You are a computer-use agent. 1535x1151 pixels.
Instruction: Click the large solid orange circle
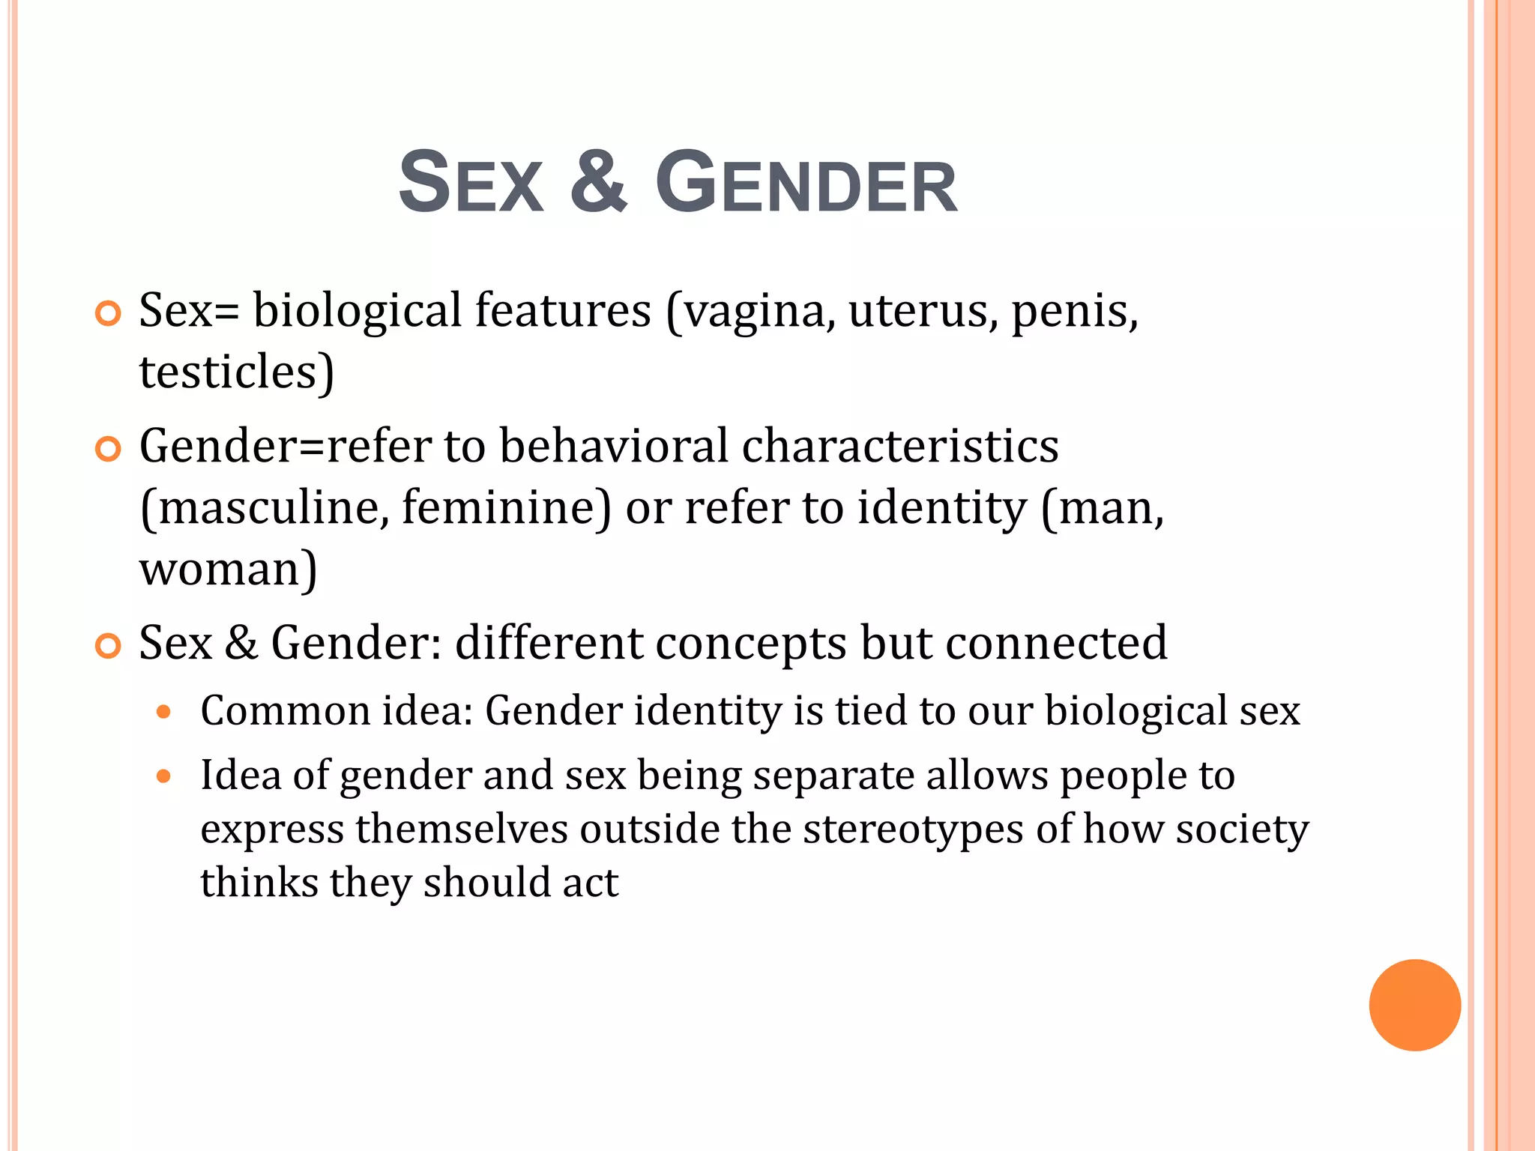(x=1414, y=1005)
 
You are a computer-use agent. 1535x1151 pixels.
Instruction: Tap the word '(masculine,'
(x=265, y=508)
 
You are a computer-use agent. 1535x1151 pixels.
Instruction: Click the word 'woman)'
(x=229, y=570)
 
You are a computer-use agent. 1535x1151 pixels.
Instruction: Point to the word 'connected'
(x=1056, y=642)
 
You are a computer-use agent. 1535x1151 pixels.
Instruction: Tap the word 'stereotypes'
(x=913, y=830)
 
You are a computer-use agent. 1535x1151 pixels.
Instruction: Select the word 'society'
(x=1242, y=830)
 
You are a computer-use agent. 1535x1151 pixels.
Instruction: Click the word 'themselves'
(x=462, y=829)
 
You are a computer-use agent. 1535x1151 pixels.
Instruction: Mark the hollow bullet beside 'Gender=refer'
(x=109, y=449)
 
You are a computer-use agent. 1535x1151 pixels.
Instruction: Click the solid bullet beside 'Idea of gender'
(x=164, y=776)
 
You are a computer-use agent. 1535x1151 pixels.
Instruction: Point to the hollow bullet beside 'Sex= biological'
(x=109, y=313)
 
